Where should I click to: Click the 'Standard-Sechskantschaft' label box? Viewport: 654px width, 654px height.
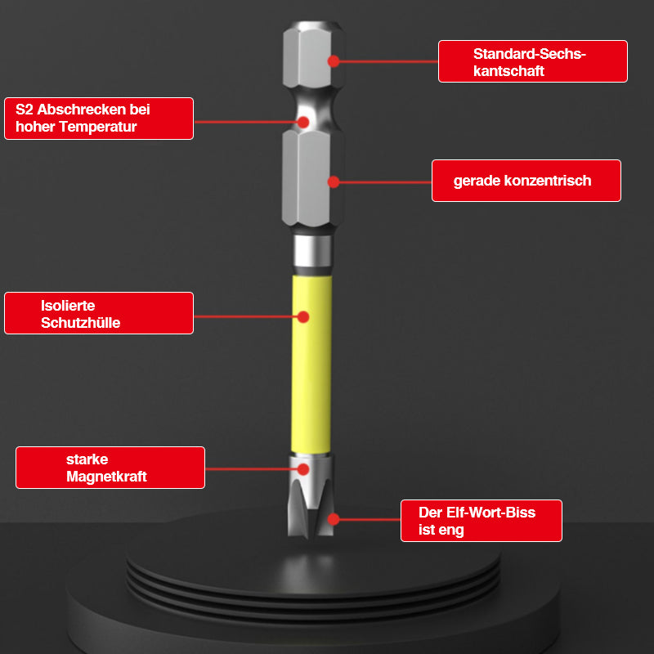pyautogui.click(x=533, y=61)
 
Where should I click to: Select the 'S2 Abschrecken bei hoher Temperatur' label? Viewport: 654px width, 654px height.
pyautogui.click(x=99, y=119)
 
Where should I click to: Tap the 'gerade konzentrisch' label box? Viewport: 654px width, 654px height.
pyautogui.click(x=526, y=181)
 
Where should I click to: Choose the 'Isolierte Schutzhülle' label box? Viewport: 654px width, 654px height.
pyautogui.click(x=99, y=313)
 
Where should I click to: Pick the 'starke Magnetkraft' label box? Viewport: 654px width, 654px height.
pyautogui.click(x=110, y=468)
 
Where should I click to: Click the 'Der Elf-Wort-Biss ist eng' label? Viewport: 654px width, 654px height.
pyautogui.click(x=482, y=521)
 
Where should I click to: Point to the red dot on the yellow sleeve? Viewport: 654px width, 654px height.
pyautogui.click(x=303, y=317)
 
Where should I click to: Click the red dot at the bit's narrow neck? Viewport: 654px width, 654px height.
pyautogui.click(x=303, y=122)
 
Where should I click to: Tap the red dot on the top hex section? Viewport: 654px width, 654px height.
pyautogui.click(x=334, y=61)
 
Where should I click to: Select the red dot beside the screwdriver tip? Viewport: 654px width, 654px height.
pyautogui.click(x=334, y=519)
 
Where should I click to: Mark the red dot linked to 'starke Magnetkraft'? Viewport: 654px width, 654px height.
pyautogui.click(x=303, y=469)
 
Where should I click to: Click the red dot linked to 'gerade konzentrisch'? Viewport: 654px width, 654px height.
pyautogui.click(x=334, y=181)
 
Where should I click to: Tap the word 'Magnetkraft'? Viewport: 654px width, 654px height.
pyautogui.click(x=106, y=477)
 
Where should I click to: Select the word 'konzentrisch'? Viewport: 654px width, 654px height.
pyautogui.click(x=548, y=181)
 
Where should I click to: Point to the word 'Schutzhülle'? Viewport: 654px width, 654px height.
pyautogui.click(x=80, y=322)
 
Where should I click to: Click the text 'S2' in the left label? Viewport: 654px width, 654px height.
pyautogui.click(x=25, y=110)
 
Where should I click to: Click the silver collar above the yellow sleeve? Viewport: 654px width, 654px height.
pyautogui.click(x=312, y=251)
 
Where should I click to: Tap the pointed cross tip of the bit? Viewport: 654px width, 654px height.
pyautogui.click(x=311, y=535)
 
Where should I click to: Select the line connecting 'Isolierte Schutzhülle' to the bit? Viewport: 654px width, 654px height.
pyautogui.click(x=246, y=317)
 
